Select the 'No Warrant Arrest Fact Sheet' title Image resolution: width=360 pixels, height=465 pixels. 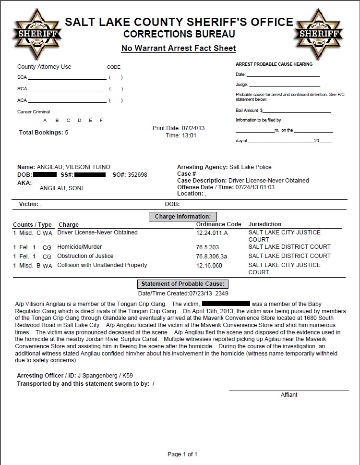click(179, 48)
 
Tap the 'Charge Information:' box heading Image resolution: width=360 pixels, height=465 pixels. click(182, 217)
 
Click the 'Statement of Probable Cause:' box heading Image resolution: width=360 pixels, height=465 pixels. click(182, 284)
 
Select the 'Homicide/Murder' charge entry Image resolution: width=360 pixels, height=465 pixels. click(79, 247)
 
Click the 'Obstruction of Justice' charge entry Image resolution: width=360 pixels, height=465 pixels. click(85, 256)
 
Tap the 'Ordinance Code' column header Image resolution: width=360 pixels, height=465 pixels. click(218, 224)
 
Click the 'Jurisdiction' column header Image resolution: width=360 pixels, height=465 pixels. click(265, 224)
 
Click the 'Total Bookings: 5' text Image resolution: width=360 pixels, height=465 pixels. click(43, 133)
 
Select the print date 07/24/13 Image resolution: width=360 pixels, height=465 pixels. click(193, 128)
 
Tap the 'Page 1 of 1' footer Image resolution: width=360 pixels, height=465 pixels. click(182, 454)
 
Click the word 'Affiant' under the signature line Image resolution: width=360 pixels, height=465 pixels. click(289, 395)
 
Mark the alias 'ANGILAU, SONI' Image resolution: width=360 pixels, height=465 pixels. click(61, 188)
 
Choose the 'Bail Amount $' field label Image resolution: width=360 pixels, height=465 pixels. click(249, 110)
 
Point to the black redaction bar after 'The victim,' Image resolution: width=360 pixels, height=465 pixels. click(226, 304)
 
